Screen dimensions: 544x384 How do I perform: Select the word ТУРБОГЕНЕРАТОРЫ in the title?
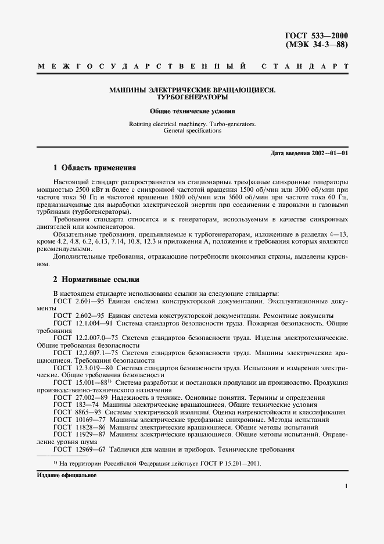click(x=192, y=98)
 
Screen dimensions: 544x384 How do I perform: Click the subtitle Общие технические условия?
click(x=192, y=110)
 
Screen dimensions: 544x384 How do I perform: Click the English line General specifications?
click(x=192, y=131)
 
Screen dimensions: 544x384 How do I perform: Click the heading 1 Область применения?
click(x=95, y=168)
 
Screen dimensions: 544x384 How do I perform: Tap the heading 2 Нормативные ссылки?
click(x=96, y=280)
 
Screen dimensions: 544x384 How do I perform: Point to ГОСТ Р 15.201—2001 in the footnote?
click(x=229, y=464)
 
